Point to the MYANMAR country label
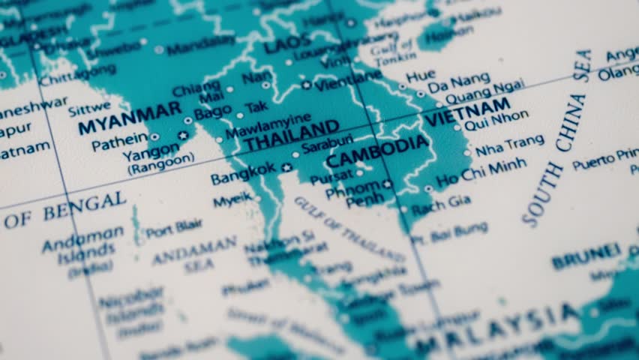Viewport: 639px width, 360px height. [130, 118]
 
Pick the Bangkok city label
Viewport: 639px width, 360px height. [243, 174]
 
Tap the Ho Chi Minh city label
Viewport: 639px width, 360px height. [481, 172]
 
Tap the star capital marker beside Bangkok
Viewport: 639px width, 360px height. [286, 167]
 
